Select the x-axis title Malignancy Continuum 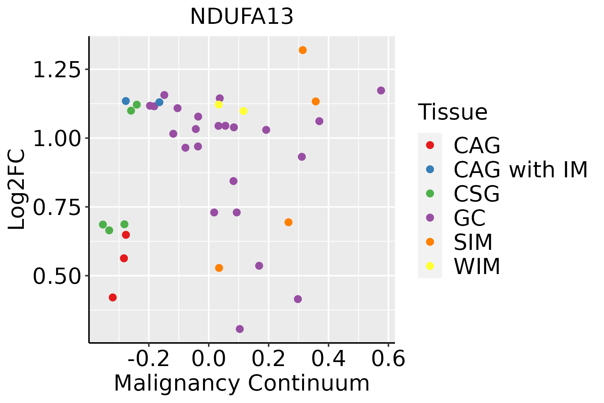point(242,384)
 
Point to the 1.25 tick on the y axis point(57,70)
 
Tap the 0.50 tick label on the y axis point(57,276)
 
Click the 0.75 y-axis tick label point(57,207)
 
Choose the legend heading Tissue point(453,112)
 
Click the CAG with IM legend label point(520,170)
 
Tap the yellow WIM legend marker point(430,266)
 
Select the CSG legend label point(476,194)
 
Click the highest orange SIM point point(303,50)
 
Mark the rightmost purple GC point point(381,91)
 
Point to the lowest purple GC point point(240,329)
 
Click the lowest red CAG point point(113,298)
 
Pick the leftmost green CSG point point(103,225)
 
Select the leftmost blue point point(126,101)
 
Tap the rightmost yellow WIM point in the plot point(243,111)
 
